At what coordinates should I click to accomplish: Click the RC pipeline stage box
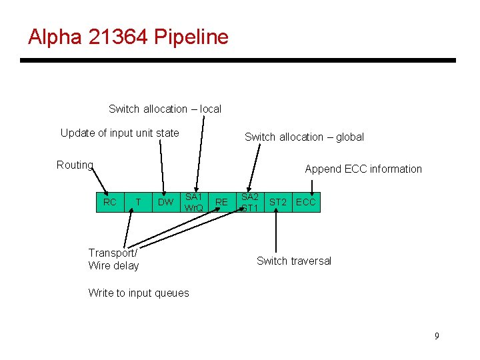point(110,202)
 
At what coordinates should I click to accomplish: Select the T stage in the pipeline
point(138,202)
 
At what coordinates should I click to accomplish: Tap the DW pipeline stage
point(165,202)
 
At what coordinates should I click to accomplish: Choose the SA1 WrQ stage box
point(194,202)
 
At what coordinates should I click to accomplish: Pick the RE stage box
point(222,202)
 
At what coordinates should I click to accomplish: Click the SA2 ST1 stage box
point(250,202)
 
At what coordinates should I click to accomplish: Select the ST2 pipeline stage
point(278,202)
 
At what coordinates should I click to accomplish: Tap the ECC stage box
point(306,202)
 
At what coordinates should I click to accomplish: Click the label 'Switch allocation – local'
point(165,109)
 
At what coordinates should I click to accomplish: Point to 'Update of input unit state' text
point(119,133)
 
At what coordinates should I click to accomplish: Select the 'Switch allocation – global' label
point(304,137)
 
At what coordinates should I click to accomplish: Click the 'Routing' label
point(75,165)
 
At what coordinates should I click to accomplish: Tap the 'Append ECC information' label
point(363,169)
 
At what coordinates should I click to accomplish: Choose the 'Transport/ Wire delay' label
point(113,259)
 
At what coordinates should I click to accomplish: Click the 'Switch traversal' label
point(294,261)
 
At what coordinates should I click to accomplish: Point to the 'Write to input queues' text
point(139,293)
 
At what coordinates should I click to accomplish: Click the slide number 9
point(437,336)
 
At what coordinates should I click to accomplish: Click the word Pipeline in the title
point(191,37)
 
